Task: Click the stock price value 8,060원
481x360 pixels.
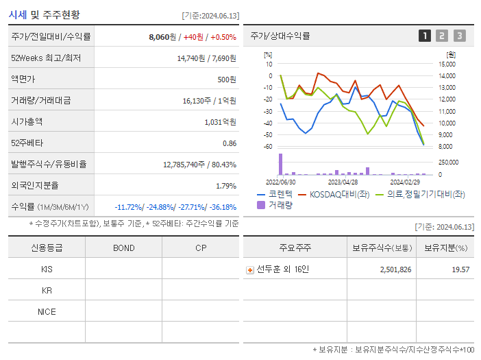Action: [x=162, y=37]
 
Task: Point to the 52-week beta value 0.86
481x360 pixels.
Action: [x=230, y=143]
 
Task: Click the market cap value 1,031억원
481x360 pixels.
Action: [x=220, y=121]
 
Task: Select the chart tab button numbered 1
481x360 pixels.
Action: [x=425, y=36]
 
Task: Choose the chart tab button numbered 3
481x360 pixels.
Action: [x=459, y=36]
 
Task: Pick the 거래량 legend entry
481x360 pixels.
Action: [x=275, y=204]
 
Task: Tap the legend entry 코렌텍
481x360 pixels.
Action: [x=275, y=194]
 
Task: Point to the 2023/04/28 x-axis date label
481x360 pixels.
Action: [x=343, y=182]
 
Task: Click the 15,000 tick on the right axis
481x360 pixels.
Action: [x=446, y=64]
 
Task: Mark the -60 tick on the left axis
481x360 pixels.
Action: [x=269, y=147]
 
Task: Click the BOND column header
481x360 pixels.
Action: [x=123, y=248]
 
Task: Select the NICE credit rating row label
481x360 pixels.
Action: [x=47, y=311]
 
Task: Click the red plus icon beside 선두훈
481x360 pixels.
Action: [x=250, y=270]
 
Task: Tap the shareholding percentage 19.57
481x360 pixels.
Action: [x=460, y=269]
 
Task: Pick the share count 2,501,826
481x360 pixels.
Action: [x=395, y=269]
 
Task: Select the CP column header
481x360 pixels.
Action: [x=201, y=248]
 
